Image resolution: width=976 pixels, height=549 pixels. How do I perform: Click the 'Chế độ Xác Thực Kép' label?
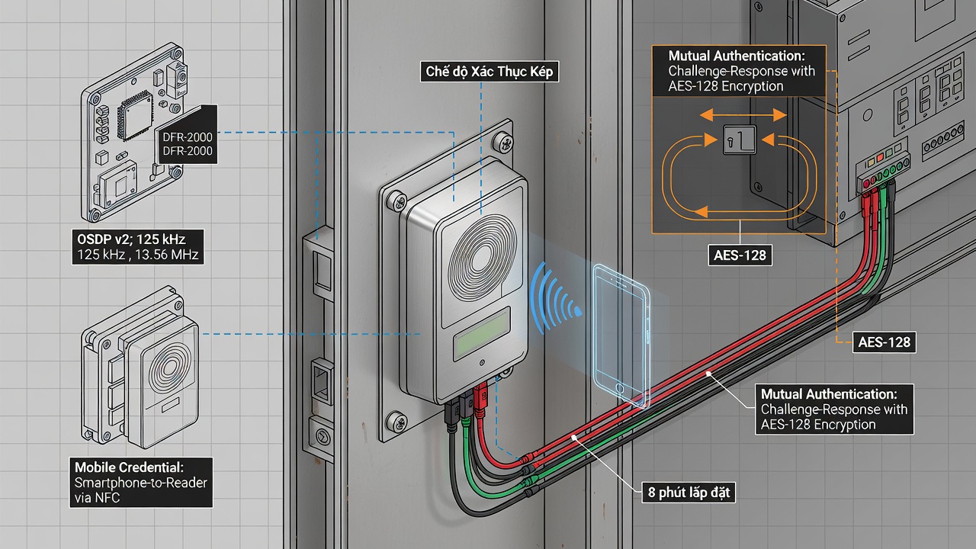489,72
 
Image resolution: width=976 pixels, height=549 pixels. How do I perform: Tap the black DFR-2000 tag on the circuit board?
188,136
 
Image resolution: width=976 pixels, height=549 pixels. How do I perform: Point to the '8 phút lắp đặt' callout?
689,493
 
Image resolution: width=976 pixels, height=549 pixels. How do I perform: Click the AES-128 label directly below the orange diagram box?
740,255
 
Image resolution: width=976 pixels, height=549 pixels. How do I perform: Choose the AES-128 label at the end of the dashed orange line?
884,342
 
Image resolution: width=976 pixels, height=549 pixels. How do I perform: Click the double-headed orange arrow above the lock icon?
743,115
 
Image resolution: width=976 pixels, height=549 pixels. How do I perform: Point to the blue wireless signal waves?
556,297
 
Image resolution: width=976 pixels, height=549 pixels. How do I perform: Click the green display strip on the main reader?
483,334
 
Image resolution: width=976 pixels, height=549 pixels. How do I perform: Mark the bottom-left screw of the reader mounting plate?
397,422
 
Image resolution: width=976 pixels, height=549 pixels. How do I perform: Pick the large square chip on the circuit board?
136,117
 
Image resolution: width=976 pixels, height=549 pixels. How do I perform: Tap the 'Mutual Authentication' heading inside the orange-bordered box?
737,56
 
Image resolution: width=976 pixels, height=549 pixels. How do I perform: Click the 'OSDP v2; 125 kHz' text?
131,239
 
